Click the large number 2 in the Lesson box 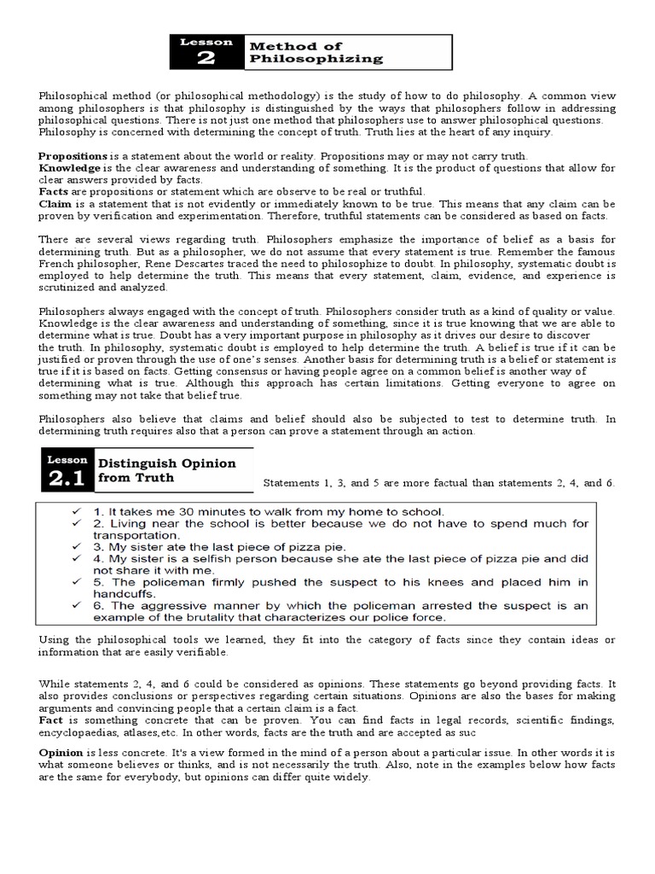pos(206,58)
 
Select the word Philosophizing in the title pos(316,59)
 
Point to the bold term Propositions pos(72,157)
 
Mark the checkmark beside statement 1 pos(78,511)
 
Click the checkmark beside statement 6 pos(78,605)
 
